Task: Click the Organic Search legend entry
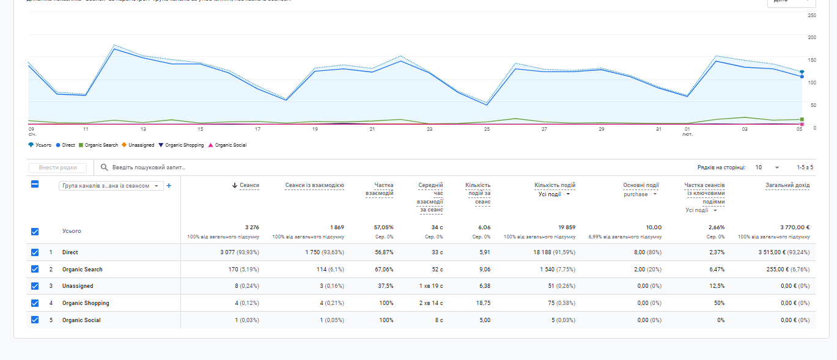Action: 101,145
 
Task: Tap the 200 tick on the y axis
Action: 811,37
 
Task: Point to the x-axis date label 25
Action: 487,129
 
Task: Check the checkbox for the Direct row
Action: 35,252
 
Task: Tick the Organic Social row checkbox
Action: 35,320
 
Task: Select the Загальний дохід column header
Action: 787,185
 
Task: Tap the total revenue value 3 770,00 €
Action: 795,227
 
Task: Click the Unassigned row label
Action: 78,286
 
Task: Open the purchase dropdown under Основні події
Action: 641,194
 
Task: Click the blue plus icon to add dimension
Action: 169,186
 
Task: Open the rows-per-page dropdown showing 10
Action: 767,167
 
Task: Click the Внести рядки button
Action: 57,167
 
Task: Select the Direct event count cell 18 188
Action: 554,252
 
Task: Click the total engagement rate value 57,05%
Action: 383,227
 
